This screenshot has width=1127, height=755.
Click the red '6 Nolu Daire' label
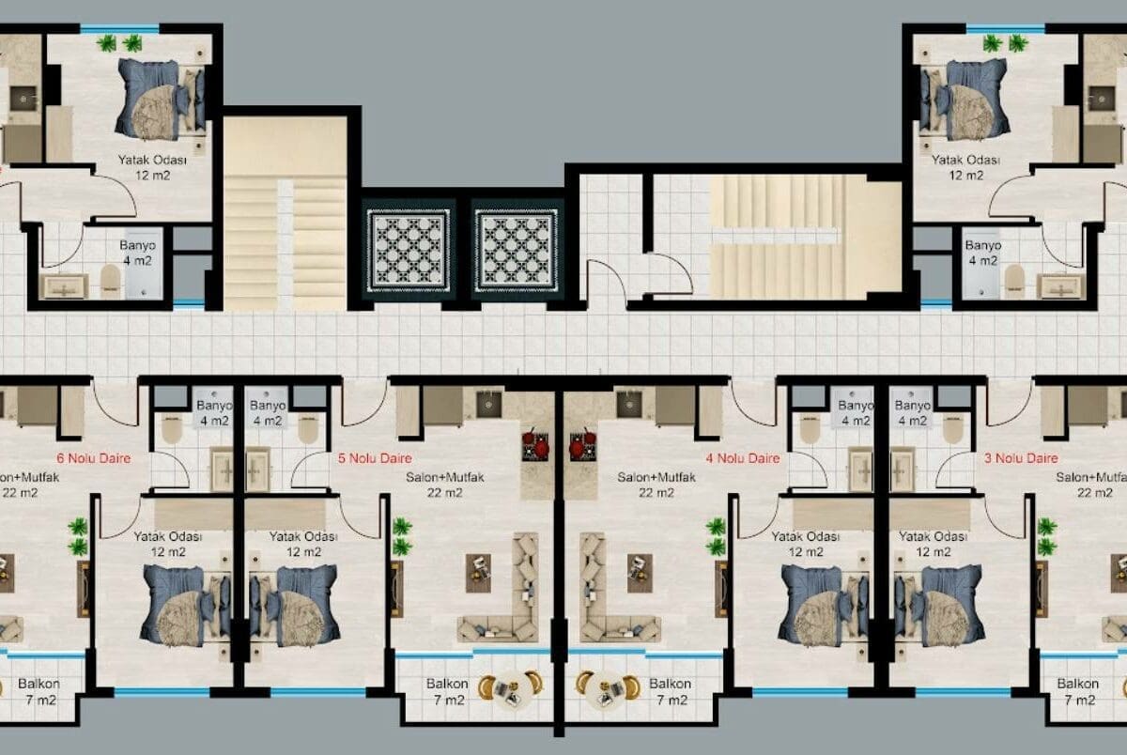tap(94, 458)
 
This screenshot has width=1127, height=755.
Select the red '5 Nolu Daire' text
tap(375, 458)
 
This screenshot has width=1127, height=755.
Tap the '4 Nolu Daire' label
tap(743, 458)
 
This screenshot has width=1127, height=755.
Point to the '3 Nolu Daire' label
tap(1021, 458)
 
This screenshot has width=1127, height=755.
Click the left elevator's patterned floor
tap(409, 251)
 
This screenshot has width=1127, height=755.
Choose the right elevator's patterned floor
tap(517, 251)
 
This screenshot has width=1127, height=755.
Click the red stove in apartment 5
tap(535, 445)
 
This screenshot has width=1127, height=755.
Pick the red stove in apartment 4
tap(583, 445)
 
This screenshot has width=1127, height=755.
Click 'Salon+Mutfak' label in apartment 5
tap(445, 477)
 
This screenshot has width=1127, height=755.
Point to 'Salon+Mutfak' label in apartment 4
tap(656, 477)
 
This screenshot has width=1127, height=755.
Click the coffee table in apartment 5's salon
tap(478, 573)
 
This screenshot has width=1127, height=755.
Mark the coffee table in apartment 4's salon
tap(640, 573)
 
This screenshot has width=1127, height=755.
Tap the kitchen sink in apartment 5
tap(489, 405)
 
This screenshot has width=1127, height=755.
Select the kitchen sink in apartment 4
tap(629, 405)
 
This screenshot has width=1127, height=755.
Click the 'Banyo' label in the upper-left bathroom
tap(137, 245)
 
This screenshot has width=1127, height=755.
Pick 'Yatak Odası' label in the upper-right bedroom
tap(965, 160)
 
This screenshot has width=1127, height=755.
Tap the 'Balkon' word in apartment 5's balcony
tap(447, 684)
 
